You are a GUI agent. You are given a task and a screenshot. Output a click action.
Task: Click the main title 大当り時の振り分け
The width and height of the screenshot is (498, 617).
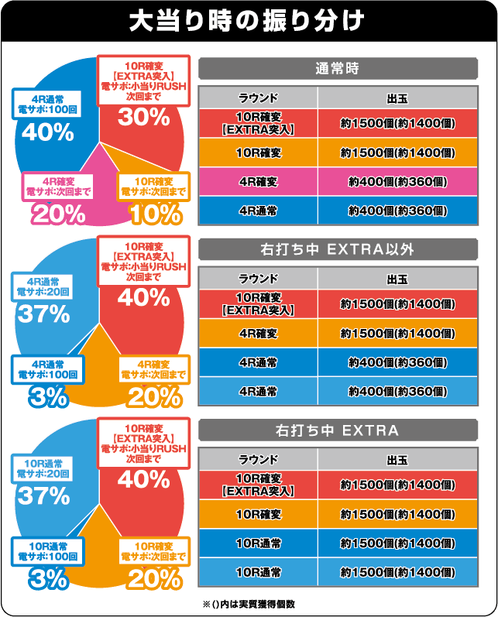[x=248, y=21]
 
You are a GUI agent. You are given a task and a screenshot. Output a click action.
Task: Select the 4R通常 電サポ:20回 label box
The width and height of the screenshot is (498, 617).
[x=43, y=286]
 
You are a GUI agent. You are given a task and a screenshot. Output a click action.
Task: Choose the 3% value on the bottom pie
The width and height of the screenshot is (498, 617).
[x=49, y=578]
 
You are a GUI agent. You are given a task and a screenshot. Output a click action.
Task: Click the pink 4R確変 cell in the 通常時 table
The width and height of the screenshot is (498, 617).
[x=258, y=181]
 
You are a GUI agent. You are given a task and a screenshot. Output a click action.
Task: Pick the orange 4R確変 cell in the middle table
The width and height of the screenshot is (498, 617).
[x=258, y=333]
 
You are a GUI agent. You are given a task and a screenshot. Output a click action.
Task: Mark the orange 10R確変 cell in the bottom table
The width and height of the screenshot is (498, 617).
[x=258, y=514]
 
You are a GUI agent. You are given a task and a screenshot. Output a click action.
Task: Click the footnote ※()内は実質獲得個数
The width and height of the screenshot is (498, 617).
[x=249, y=603]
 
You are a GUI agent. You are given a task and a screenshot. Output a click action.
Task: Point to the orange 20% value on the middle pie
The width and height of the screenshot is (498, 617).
[x=155, y=396]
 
